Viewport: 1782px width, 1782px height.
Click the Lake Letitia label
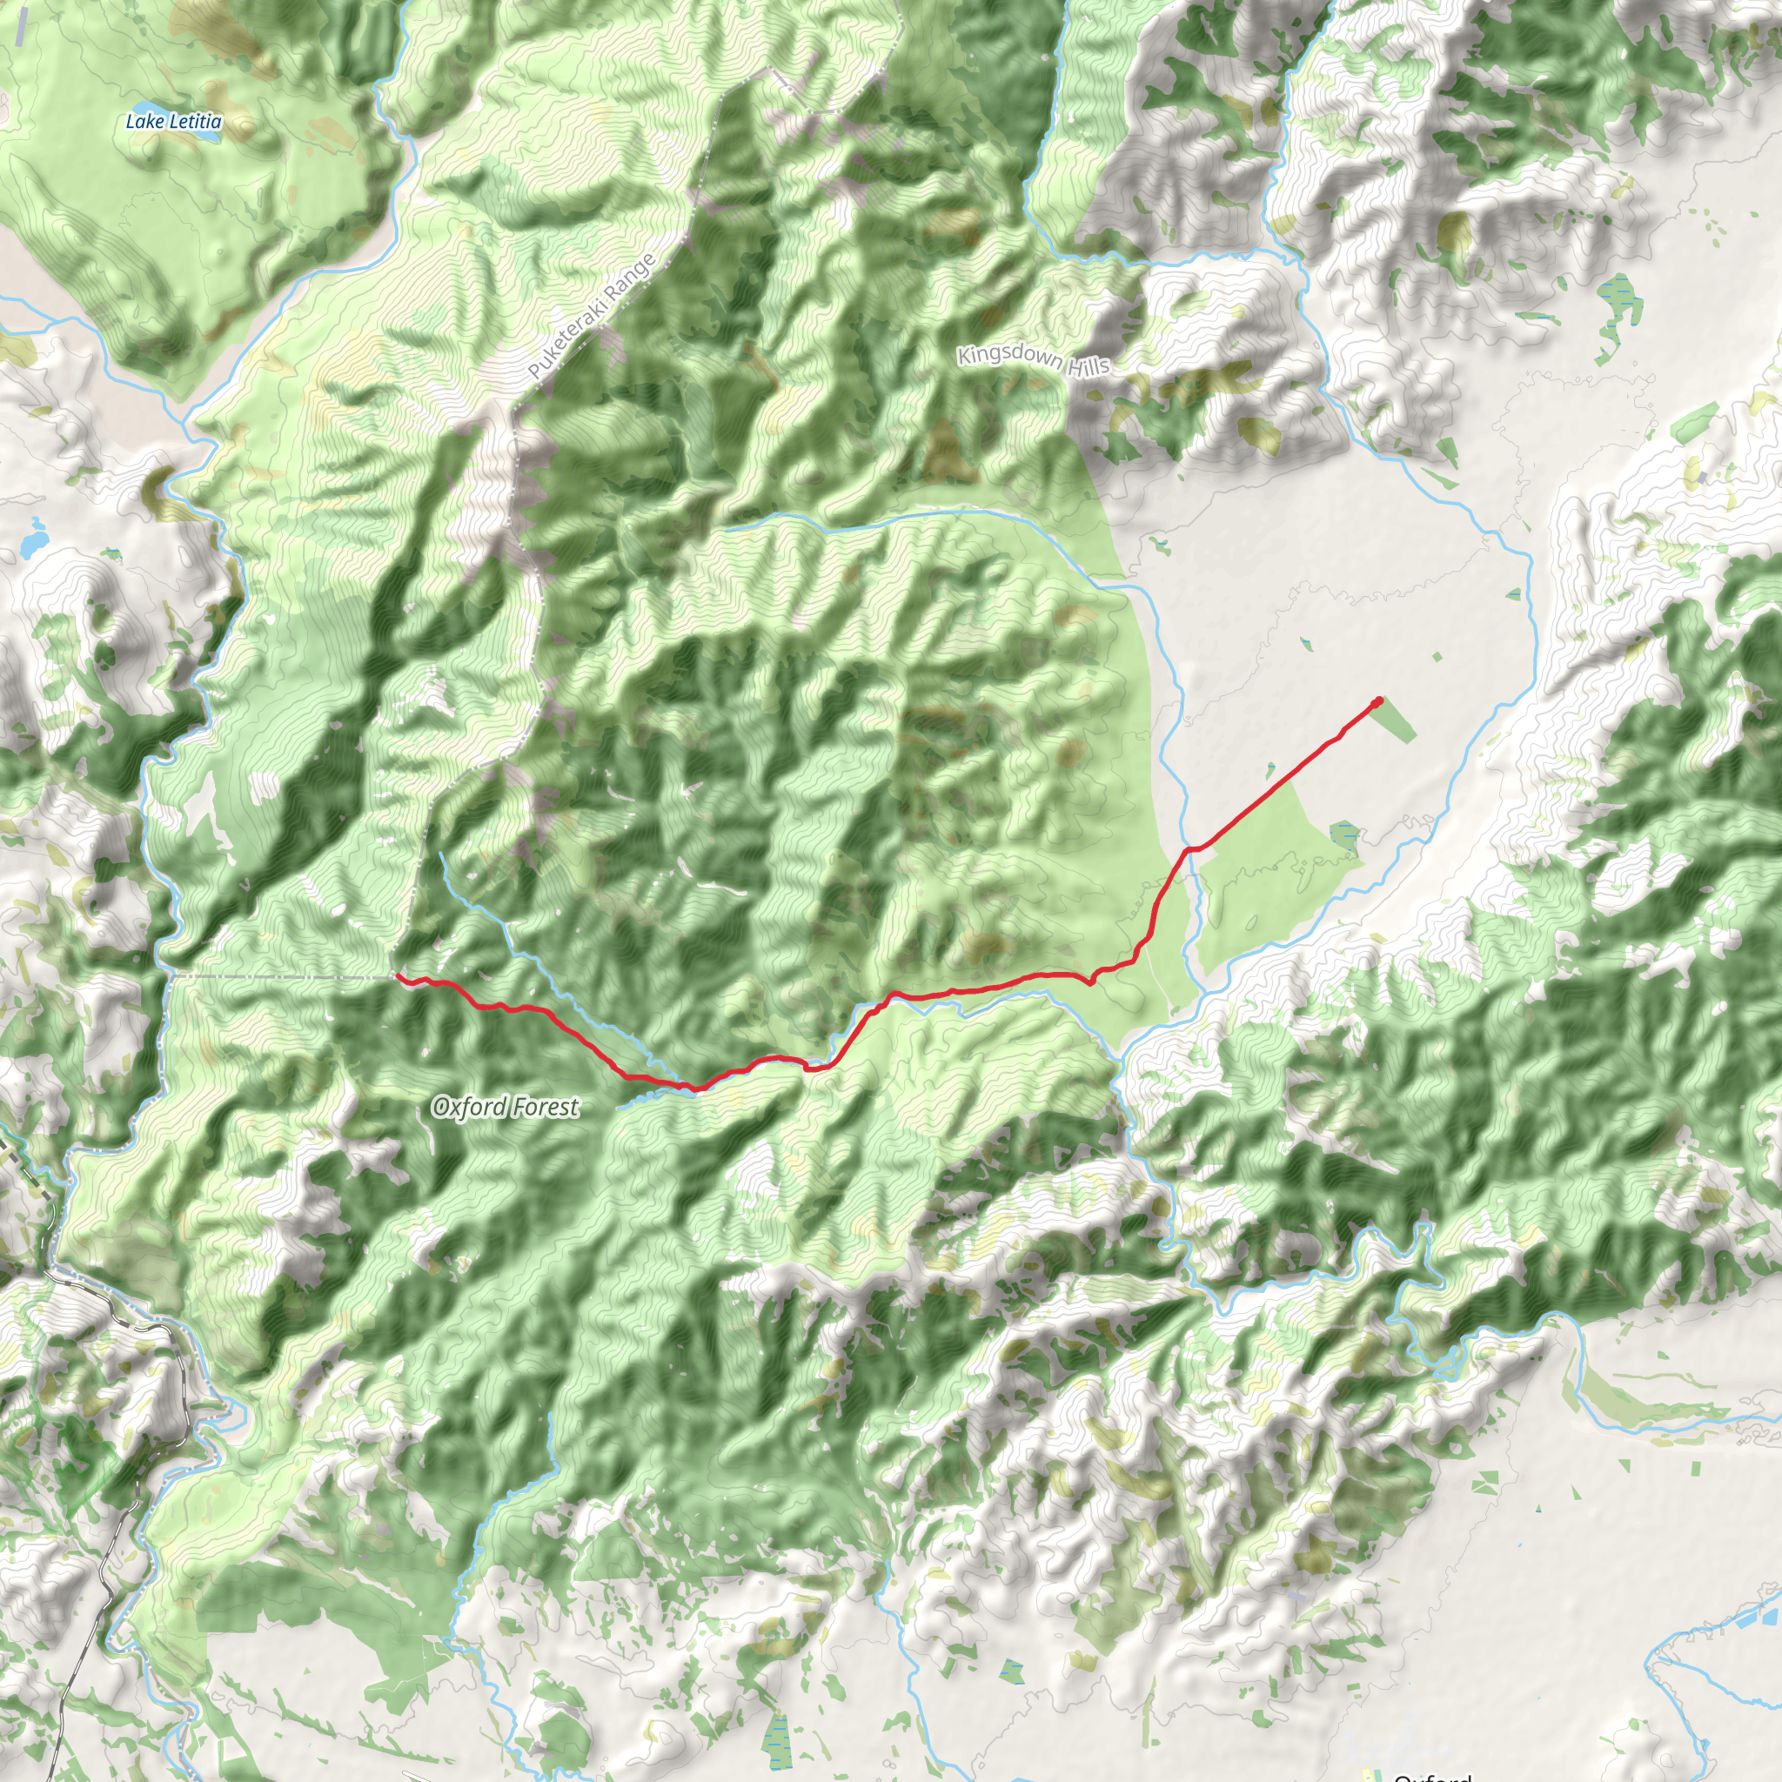tap(173, 121)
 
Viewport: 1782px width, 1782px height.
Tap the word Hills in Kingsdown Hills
tap(1088, 367)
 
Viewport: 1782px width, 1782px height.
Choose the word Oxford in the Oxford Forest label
tap(469, 1107)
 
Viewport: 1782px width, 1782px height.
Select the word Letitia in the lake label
tap(196, 121)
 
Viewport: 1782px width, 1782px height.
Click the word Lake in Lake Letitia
tap(144, 121)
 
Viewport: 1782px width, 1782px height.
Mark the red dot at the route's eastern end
tap(1378, 702)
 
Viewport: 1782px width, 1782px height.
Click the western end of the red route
tap(398, 975)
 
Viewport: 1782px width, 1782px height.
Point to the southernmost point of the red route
tap(696, 1089)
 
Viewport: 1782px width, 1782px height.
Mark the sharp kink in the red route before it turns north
tap(1091, 982)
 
